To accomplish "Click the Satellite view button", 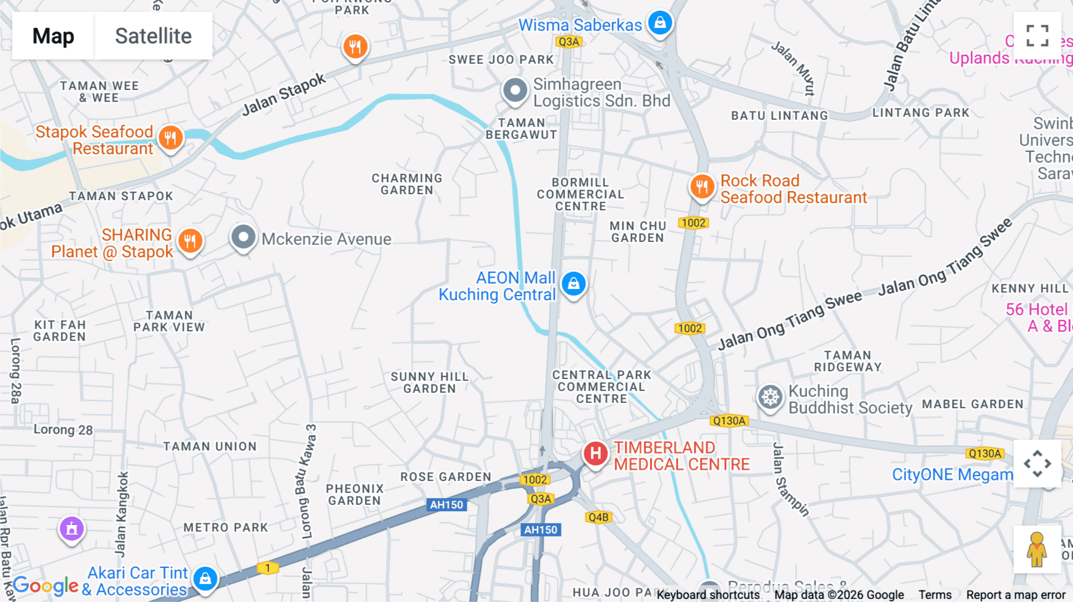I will (x=153, y=36).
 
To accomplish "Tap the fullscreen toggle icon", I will (x=1037, y=36).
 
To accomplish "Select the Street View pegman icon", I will (x=1037, y=549).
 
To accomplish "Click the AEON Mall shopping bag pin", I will (x=573, y=284).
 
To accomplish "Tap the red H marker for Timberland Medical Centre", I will (x=595, y=454).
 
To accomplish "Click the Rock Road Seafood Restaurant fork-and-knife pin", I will (x=702, y=187).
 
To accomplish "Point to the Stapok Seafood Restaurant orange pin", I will (x=170, y=138).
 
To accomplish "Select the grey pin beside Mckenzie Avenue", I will (x=243, y=237).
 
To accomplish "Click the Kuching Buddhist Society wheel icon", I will (x=770, y=397).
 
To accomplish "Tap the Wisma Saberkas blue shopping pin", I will (x=660, y=23).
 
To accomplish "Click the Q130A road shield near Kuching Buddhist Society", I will (x=728, y=421).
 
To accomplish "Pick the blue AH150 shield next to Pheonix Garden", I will (x=446, y=505).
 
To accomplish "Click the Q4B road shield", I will (x=598, y=517).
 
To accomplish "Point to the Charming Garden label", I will (x=407, y=184).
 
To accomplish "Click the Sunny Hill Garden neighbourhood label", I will (x=429, y=383).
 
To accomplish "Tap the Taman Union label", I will (x=210, y=446).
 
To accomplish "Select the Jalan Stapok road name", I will (x=284, y=94).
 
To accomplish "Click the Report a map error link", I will (x=1016, y=595).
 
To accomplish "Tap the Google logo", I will (x=45, y=587).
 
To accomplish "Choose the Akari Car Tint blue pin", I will (x=205, y=578).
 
